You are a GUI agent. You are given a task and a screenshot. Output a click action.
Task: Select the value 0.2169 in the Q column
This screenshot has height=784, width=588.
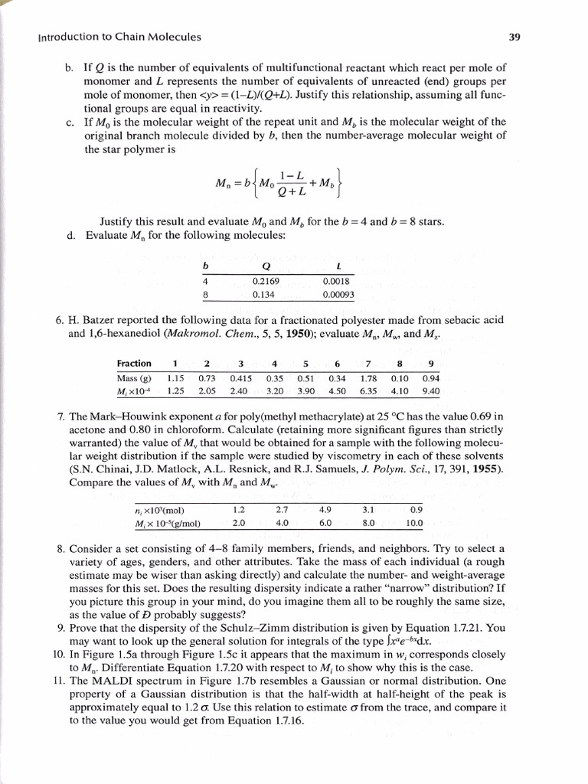[266, 281]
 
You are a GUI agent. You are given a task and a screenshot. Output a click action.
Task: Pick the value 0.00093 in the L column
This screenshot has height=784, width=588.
[338, 293]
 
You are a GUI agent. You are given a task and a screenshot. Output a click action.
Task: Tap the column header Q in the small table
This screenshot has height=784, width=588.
[265, 266]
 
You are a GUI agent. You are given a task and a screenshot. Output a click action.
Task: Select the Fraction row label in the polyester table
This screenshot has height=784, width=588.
[134, 363]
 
